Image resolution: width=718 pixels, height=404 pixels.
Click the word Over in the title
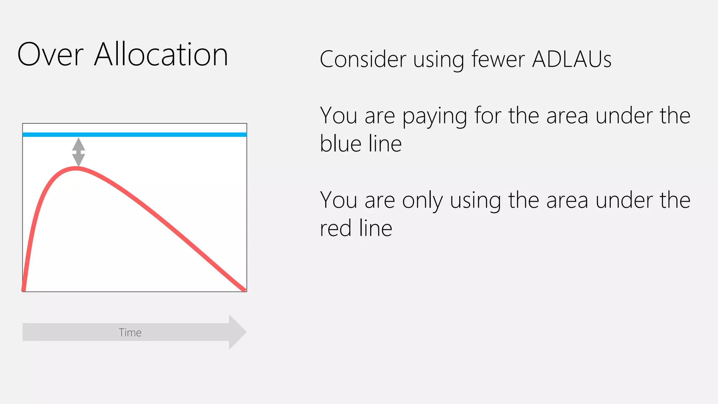click(50, 55)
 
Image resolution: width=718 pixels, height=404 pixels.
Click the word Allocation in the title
click(161, 55)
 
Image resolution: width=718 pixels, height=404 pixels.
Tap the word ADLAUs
click(572, 59)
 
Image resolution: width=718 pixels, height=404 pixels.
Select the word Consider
click(363, 59)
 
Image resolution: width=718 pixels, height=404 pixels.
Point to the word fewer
click(498, 59)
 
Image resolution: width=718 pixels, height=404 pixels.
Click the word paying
click(434, 116)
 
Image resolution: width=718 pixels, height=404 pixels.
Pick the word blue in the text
click(340, 144)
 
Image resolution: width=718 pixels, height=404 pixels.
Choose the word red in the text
click(336, 228)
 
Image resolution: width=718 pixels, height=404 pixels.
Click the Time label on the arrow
click(130, 332)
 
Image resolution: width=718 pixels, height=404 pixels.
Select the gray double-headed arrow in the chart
click(79, 152)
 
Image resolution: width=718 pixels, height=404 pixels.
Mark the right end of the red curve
click(244, 290)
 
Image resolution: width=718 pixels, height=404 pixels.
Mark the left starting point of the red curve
click(23, 290)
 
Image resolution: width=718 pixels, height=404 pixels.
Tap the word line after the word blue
click(385, 144)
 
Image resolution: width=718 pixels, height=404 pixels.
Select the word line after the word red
click(375, 228)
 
